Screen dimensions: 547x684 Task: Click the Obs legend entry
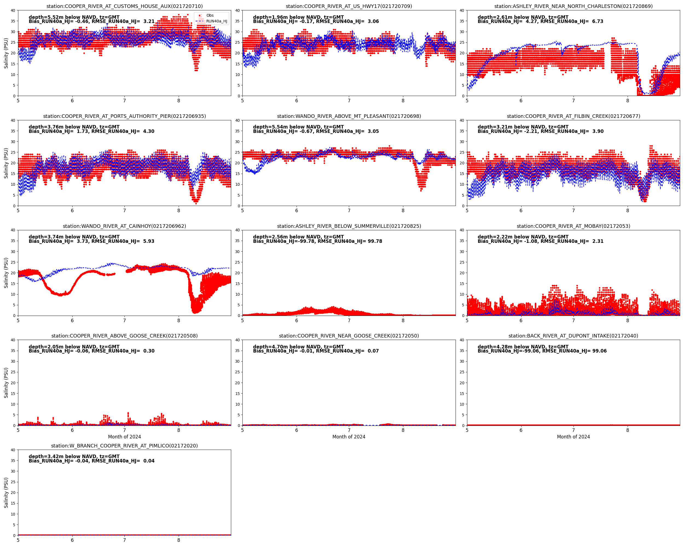(x=210, y=15)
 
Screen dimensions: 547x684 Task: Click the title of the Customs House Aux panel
(x=124, y=6)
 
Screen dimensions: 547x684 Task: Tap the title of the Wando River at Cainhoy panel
(x=124, y=226)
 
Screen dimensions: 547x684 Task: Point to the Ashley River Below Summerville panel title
(x=349, y=226)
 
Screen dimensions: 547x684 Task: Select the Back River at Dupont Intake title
(x=573, y=336)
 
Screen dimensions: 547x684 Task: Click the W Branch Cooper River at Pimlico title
(x=124, y=446)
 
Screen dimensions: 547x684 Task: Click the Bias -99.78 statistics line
(x=318, y=241)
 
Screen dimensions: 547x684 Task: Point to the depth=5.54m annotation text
(x=298, y=127)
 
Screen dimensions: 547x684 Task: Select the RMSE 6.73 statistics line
(x=540, y=22)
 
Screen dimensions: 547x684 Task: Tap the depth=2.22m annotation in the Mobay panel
(x=523, y=237)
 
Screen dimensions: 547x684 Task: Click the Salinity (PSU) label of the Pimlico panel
(x=6, y=493)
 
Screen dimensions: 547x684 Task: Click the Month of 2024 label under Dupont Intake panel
(x=573, y=437)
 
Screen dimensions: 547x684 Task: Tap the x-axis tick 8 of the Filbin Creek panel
(x=628, y=211)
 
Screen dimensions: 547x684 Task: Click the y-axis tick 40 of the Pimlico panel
(x=13, y=450)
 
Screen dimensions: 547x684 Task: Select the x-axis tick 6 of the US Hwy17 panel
(x=297, y=101)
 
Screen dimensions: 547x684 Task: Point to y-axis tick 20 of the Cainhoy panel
(x=13, y=273)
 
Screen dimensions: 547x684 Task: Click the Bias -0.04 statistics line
(x=91, y=461)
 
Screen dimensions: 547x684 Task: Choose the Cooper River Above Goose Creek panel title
(x=124, y=336)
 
